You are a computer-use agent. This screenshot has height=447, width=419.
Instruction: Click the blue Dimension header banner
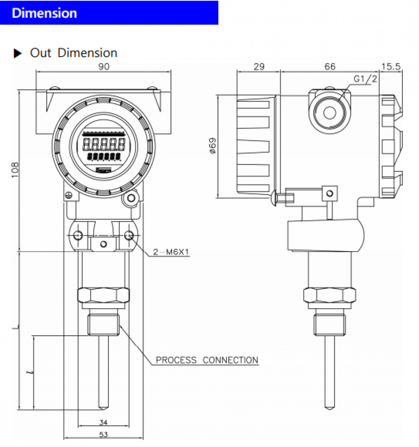(109, 13)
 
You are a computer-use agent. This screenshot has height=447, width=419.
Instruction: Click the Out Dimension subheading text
(73, 53)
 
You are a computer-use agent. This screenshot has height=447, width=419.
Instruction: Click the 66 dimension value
(330, 67)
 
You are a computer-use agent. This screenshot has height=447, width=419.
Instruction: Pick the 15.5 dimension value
(391, 67)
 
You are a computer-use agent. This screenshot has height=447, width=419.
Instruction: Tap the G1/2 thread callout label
(365, 79)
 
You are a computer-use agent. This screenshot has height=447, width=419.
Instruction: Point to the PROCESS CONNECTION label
(207, 360)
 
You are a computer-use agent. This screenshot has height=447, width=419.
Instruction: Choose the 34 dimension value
(104, 422)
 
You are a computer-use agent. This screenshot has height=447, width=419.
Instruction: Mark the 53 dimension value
(104, 434)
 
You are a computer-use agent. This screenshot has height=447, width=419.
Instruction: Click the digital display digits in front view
(104, 145)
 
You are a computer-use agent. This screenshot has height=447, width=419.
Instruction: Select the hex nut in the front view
(104, 295)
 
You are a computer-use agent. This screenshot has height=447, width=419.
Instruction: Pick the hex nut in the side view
(329, 295)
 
